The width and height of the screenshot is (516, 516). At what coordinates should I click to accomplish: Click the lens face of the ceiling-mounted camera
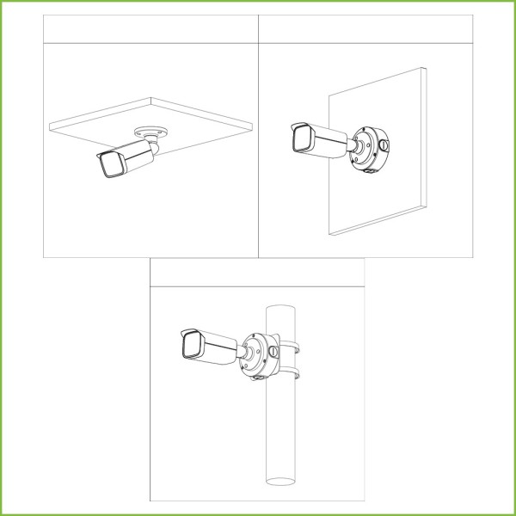tap(109, 167)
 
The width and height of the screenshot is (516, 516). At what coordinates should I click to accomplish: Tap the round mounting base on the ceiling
tap(151, 132)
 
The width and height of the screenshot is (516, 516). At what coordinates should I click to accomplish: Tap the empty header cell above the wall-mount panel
tap(365, 28)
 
